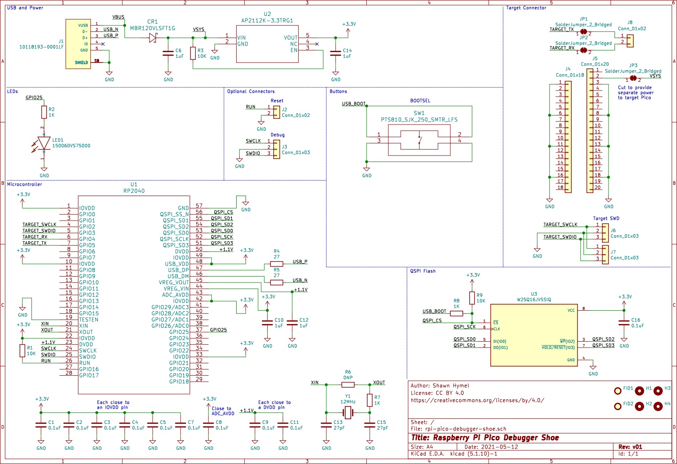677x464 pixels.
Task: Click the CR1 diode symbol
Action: pos(153,38)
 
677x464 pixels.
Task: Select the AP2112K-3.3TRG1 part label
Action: pos(267,21)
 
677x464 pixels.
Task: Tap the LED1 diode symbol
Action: pos(44,143)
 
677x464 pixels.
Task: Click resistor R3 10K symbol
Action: pos(193,53)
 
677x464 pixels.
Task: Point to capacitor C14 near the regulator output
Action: pos(336,53)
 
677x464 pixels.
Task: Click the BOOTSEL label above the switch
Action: pos(420,101)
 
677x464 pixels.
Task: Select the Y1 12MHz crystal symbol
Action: pos(348,413)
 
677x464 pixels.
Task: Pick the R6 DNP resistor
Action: pos(348,384)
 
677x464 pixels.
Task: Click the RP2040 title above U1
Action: pos(134,191)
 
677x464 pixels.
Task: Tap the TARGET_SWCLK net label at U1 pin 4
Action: pos(39,224)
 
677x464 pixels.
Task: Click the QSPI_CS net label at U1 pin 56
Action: pos(223,212)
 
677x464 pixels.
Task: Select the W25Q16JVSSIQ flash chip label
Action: pos(533,299)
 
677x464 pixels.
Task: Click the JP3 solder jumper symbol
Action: pos(633,78)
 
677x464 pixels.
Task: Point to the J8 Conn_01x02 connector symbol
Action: pos(630,41)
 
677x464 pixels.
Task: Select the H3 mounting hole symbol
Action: pos(658,391)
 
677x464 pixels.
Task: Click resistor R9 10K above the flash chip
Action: pos(472,298)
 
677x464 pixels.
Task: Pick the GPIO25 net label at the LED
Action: pos(34,98)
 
